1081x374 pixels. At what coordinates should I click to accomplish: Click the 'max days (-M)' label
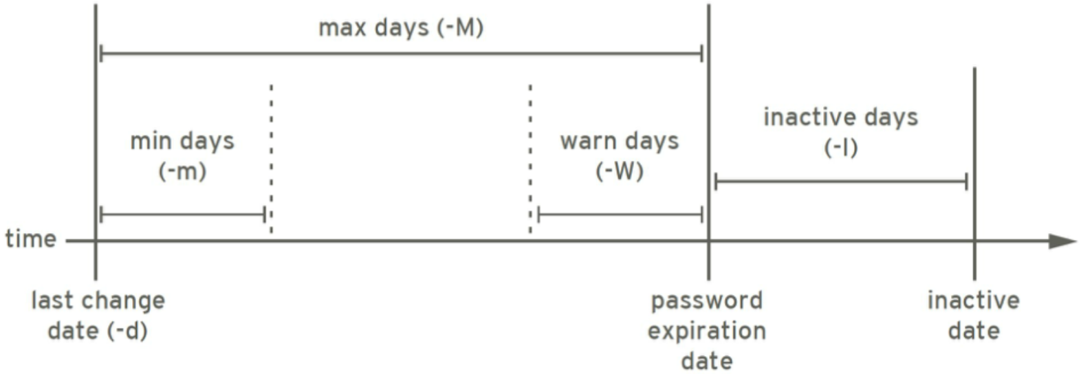[401, 28]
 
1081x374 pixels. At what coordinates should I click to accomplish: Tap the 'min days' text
[182, 141]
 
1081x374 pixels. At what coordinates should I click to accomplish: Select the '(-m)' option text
[182, 170]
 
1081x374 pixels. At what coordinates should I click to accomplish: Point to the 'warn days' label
[619, 141]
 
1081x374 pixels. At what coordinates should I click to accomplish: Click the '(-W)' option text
[619, 170]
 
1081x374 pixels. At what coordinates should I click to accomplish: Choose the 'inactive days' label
[840, 117]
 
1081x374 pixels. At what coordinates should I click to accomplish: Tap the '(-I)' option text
[840, 147]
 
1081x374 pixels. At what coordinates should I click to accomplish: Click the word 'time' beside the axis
[30, 239]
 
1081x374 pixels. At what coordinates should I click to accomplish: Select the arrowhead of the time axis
[1062, 241]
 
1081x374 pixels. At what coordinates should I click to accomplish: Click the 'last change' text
[98, 301]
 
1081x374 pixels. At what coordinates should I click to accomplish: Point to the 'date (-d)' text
[98, 331]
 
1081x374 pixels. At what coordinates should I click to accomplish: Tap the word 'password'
[707, 301]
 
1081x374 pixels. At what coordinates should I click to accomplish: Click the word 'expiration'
[707, 331]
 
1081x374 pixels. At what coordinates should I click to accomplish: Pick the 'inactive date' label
[974, 316]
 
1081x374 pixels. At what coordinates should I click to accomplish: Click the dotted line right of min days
[271, 158]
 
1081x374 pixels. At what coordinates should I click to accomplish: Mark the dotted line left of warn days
[530, 158]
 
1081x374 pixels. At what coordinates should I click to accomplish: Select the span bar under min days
[182, 214]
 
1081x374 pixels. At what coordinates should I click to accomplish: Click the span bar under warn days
[620, 214]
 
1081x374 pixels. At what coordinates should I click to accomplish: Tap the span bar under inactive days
[841, 182]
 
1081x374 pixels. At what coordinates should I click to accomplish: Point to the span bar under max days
[401, 53]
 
